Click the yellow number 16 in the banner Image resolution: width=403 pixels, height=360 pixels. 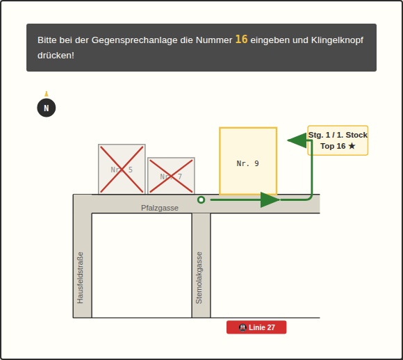[x=241, y=40]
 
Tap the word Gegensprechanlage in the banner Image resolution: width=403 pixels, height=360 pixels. [x=134, y=40]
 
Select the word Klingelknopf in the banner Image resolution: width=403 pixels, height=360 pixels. [x=337, y=40]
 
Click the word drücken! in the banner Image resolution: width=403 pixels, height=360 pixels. [x=56, y=56]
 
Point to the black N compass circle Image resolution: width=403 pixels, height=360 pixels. [x=47, y=108]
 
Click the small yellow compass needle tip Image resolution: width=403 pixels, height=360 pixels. [x=47, y=94]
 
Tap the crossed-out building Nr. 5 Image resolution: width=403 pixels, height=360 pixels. [x=122, y=169]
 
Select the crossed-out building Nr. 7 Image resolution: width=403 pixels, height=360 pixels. [x=171, y=176]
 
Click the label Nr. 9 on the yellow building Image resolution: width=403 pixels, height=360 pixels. [x=248, y=163]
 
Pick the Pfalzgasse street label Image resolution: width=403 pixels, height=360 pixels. [x=160, y=208]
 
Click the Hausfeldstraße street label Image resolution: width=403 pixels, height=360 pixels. [x=80, y=278]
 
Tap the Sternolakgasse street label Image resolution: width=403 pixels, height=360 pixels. [x=199, y=278]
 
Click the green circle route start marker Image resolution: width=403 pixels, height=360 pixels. [x=201, y=199]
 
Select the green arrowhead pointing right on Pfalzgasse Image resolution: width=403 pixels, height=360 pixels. [x=270, y=199]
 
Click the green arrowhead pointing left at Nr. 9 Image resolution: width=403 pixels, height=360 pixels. [x=297, y=140]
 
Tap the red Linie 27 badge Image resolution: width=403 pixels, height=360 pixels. [x=256, y=327]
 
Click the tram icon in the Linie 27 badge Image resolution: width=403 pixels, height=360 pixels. [x=242, y=327]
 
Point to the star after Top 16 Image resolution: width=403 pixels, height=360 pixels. [x=352, y=146]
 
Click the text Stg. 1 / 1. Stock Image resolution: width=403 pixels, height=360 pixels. [x=338, y=135]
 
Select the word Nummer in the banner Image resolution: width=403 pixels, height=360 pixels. [x=214, y=40]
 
